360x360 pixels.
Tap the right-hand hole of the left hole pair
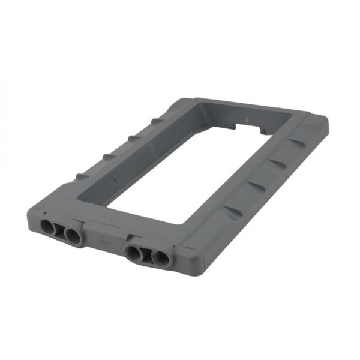point(73,235)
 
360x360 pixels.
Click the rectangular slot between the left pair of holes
point(61,230)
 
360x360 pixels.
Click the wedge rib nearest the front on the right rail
point(231,211)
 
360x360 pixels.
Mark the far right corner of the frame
point(328,123)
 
